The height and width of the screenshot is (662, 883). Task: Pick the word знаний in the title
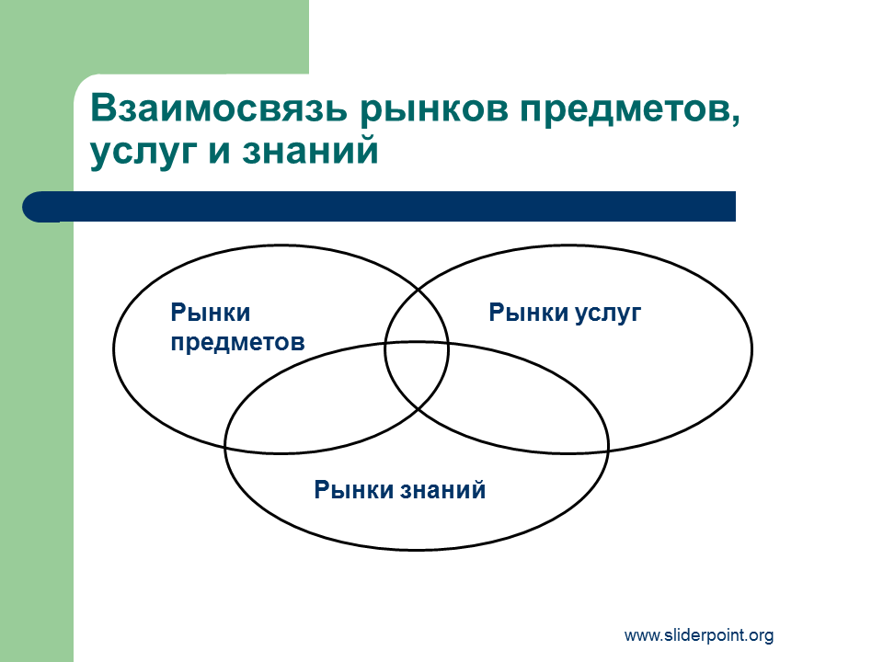(310, 150)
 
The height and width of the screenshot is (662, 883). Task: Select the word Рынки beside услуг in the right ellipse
(528, 313)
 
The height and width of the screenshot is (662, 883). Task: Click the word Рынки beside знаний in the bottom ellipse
(353, 490)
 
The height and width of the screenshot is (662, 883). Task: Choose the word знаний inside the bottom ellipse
(443, 490)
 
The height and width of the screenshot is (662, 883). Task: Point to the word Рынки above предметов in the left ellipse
(211, 313)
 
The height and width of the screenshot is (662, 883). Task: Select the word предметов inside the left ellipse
(237, 343)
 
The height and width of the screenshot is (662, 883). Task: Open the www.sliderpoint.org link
(699, 635)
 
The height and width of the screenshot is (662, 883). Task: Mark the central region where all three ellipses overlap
(417, 372)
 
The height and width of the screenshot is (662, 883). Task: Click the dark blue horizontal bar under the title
(379, 207)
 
